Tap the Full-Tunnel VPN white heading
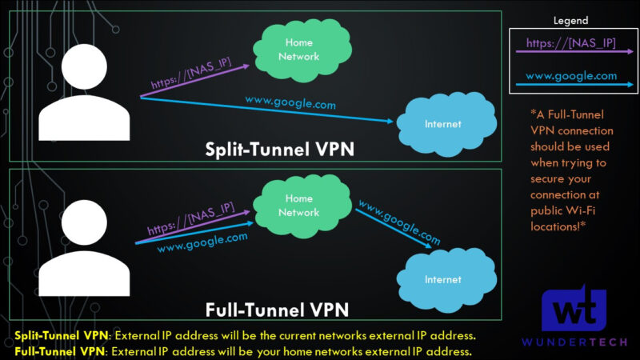tap(277, 308)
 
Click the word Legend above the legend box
tap(571, 21)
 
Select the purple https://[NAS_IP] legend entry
tap(570, 42)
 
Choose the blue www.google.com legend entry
tap(570, 76)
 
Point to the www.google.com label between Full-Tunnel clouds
tap(398, 222)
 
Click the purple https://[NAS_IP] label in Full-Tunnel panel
tap(189, 220)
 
